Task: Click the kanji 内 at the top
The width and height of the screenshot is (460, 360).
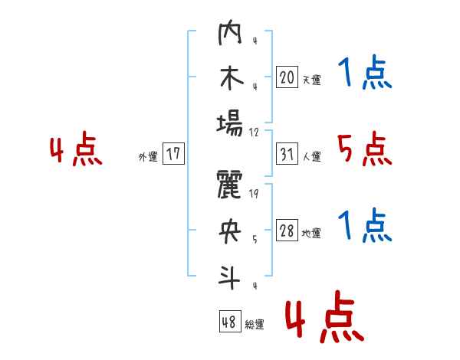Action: coord(230,32)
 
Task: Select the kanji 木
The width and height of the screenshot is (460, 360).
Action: coord(232,77)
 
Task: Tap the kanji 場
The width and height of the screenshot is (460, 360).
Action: coord(230,124)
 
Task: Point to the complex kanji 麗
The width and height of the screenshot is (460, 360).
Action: coord(229,185)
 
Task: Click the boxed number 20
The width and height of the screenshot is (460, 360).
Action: coord(287,77)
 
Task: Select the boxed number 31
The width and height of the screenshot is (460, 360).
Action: coord(287,154)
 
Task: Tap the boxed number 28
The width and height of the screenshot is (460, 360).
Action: coord(287,231)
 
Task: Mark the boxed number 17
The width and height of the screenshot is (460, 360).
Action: coord(173,153)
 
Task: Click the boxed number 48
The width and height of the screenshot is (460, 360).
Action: coord(230,322)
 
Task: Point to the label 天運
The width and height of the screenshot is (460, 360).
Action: coord(312,80)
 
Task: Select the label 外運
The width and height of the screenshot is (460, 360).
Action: coord(148,156)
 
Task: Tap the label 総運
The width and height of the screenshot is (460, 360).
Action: coord(255,324)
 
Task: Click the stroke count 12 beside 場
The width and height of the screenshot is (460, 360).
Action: coord(254,133)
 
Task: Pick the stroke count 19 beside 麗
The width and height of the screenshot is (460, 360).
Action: coord(254,194)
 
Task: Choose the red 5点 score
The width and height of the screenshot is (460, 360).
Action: coord(364,149)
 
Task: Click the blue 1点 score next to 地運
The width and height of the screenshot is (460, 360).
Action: coord(365,225)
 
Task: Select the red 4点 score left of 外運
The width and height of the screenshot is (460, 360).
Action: coord(76,148)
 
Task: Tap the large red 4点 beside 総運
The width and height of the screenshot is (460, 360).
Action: coord(324,316)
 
